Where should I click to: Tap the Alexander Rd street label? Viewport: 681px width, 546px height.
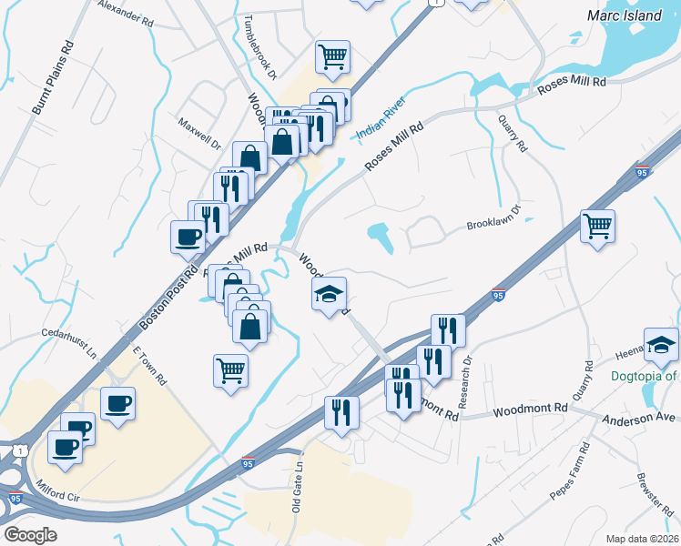pos(127,13)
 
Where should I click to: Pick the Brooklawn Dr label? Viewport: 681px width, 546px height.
pos(493,217)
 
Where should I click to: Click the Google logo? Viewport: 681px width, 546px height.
pos(30,535)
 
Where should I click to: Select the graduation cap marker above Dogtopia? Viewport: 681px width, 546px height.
pos(661,344)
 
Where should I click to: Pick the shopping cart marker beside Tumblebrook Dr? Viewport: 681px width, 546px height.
pos(333,56)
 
